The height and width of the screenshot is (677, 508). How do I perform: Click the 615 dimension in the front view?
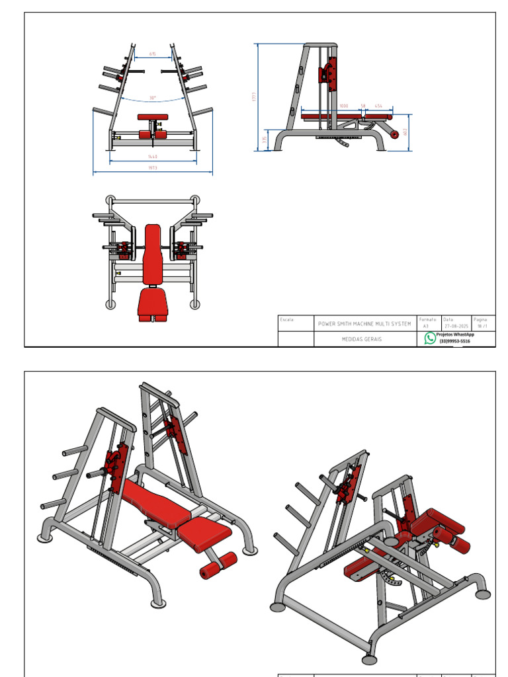[x=153, y=54]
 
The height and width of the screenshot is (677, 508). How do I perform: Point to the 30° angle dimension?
[x=153, y=98]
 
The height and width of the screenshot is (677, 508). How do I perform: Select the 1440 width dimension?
[x=153, y=157]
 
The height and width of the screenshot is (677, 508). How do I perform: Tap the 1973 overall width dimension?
[x=153, y=169]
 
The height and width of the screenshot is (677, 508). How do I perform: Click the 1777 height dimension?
[x=254, y=97]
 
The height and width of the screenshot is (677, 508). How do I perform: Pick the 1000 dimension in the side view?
[x=344, y=106]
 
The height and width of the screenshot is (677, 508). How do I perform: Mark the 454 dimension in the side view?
[x=378, y=106]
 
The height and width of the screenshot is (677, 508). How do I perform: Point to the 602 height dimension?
[x=405, y=132]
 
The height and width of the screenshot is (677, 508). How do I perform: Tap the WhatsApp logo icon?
[x=430, y=338]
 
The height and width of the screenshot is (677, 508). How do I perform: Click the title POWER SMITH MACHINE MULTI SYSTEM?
[x=364, y=324]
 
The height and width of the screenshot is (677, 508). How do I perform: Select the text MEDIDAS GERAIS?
[x=361, y=338]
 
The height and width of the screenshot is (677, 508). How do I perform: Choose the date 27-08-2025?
[x=456, y=326]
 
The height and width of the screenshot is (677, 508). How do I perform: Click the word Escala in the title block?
[x=287, y=319]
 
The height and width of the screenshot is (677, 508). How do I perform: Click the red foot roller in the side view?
[x=395, y=134]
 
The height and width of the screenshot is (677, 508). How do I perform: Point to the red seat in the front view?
[x=153, y=118]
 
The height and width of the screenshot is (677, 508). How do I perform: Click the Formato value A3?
[x=426, y=326]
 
